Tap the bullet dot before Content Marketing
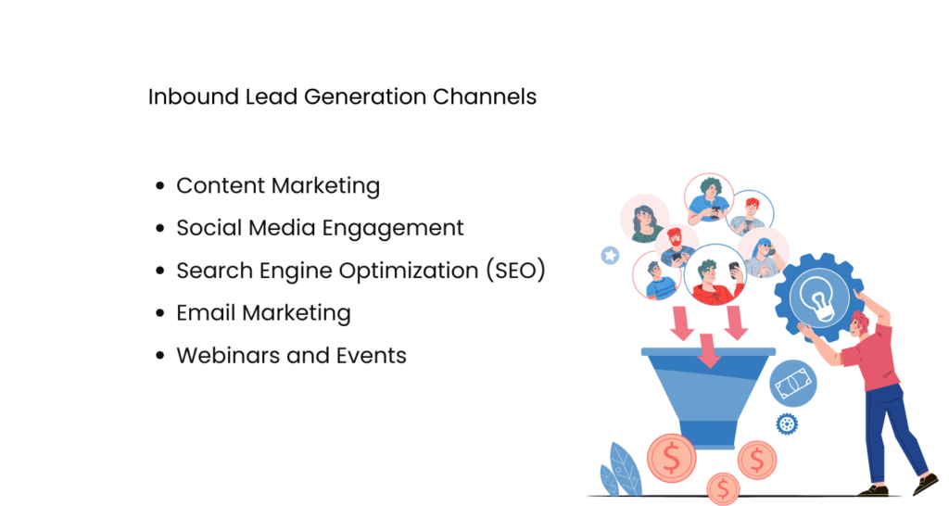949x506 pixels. coord(159,185)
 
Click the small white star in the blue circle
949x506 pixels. coord(610,254)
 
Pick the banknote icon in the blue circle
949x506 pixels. coord(792,384)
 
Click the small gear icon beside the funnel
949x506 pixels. coord(787,424)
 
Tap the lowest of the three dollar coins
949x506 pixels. coord(722,487)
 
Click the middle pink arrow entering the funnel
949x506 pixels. coord(708,350)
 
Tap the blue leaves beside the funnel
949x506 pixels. coord(618,468)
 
